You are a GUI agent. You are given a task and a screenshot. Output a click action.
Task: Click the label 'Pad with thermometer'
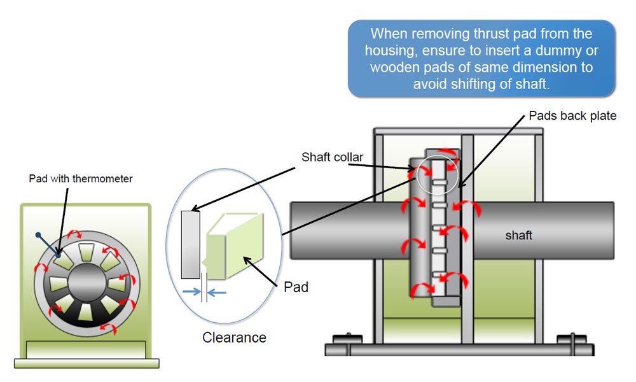(81, 179)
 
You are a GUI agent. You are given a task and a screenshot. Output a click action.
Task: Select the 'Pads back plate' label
(572, 117)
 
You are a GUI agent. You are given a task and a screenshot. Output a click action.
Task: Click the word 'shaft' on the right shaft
(518, 236)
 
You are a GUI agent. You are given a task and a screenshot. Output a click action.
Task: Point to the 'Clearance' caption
(234, 337)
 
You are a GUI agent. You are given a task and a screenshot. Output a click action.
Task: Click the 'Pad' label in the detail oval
(296, 287)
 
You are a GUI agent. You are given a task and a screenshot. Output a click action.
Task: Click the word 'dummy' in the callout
(563, 50)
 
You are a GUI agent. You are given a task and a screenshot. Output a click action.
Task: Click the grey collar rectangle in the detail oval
(190, 244)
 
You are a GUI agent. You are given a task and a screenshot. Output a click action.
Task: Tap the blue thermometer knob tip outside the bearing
(38, 236)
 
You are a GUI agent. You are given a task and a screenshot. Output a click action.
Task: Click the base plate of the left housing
(86, 364)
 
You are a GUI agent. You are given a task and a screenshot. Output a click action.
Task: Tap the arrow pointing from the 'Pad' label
(261, 267)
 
